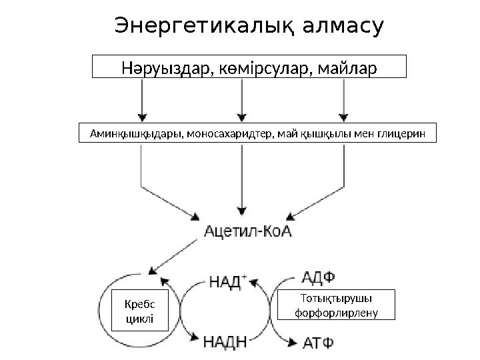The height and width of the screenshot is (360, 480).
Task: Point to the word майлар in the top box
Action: (344, 67)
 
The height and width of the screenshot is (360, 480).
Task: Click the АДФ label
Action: (319, 277)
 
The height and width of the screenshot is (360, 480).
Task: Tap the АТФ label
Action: (319, 343)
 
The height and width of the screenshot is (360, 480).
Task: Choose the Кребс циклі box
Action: (139, 310)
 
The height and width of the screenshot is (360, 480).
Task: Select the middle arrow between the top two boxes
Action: (243, 100)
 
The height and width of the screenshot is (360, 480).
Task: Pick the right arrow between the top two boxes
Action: (344, 100)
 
